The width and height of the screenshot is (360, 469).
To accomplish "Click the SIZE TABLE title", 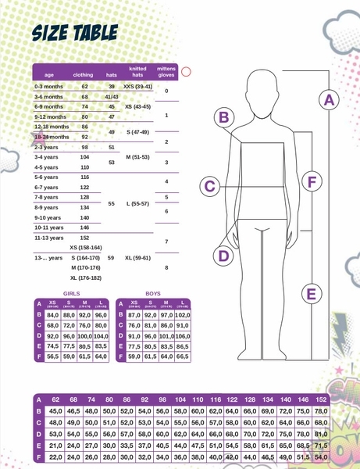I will tap(74, 32).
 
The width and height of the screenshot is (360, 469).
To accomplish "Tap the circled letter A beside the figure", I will tap(329, 100).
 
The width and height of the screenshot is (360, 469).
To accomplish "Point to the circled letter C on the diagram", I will tap(209, 186).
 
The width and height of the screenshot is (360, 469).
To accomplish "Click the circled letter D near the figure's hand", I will tap(223, 256).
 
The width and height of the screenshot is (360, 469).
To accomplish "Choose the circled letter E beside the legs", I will tap(311, 294).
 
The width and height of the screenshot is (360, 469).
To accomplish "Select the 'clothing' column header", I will tap(83, 74).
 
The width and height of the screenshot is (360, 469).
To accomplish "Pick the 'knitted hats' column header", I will tap(137, 71).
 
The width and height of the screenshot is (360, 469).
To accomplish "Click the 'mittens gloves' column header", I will tap(166, 71).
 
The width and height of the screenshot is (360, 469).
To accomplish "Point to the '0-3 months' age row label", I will tap(49, 86).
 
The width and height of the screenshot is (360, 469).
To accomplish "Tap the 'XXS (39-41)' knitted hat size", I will tap(138, 86).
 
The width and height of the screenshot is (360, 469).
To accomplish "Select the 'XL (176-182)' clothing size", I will tap(85, 277).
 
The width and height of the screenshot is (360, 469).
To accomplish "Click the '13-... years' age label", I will tap(48, 257).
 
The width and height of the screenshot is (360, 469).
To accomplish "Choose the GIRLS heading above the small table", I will tap(71, 293).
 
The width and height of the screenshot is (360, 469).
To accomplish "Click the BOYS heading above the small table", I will tap(153, 293).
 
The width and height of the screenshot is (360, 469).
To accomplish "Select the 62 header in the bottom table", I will tap(55, 399).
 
